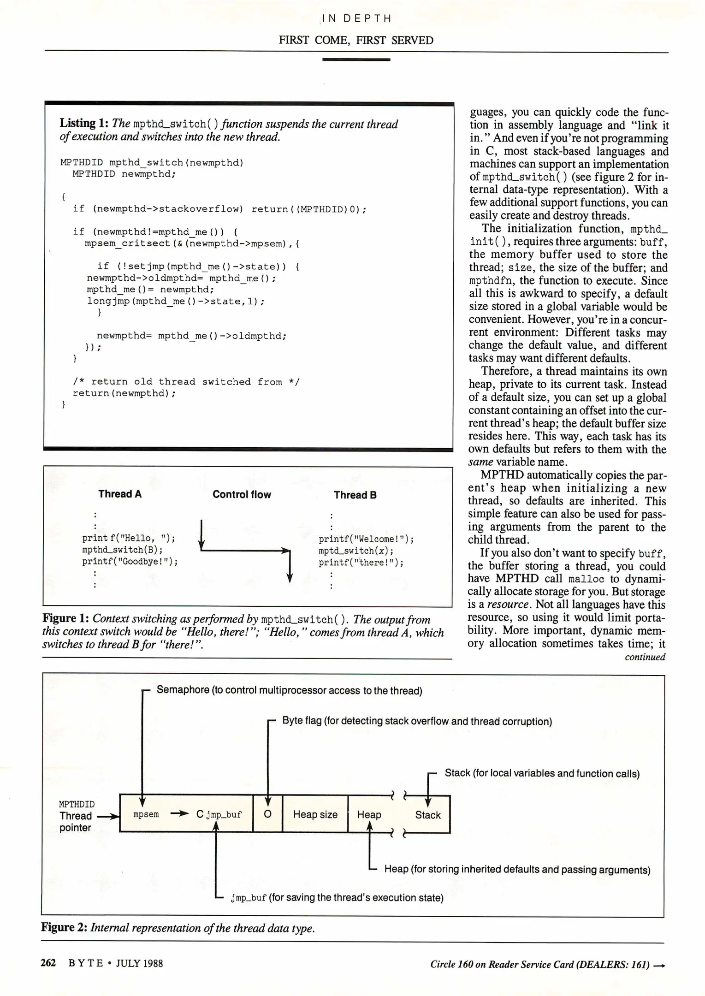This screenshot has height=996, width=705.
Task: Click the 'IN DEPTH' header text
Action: coord(356,18)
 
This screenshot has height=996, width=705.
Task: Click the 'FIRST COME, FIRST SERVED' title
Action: coord(355,41)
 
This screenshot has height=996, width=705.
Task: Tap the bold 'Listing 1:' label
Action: coord(84,123)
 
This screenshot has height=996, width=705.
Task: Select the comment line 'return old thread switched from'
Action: coord(186,382)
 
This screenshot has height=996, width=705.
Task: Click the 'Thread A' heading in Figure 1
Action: coord(120,494)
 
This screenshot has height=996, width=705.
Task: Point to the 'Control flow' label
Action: coord(242,494)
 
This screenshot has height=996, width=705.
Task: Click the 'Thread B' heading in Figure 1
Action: coord(355,495)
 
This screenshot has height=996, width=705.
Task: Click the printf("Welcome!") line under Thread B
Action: coord(366,539)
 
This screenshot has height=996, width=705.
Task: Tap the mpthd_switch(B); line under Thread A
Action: coord(122,550)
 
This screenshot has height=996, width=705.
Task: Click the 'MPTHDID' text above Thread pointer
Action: coord(77,804)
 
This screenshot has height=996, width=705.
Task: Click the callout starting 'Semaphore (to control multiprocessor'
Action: coord(289,690)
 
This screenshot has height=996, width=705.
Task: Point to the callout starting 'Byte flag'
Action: coord(417,721)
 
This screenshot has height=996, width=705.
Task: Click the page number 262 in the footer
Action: coord(48,963)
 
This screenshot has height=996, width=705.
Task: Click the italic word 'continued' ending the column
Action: coord(645,657)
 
